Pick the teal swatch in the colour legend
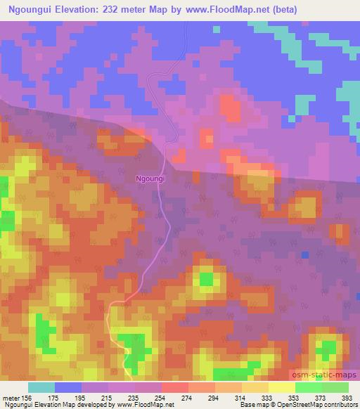click(41, 387)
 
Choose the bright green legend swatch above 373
click(309, 387)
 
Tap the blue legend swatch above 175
click(68, 387)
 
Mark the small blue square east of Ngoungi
click(304, 254)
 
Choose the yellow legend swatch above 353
click(282, 387)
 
